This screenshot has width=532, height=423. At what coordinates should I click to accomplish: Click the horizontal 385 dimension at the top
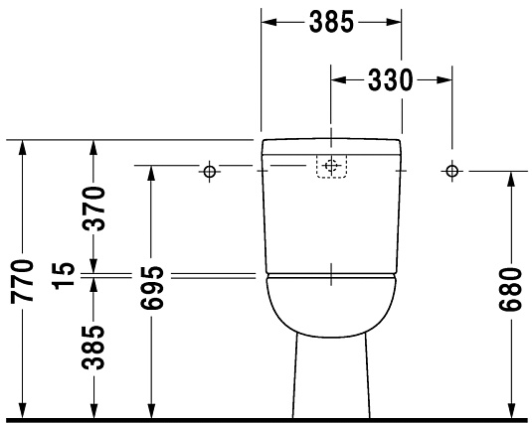click(x=331, y=22)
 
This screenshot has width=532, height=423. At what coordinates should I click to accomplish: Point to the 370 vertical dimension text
click(x=92, y=210)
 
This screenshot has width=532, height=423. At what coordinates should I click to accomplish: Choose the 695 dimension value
click(x=151, y=288)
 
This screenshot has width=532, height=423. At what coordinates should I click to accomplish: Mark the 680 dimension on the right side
click(x=511, y=288)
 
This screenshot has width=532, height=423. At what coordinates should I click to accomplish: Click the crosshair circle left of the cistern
click(x=209, y=172)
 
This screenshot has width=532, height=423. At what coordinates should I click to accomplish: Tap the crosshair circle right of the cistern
click(x=452, y=172)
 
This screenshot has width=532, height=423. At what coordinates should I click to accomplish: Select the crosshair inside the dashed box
click(x=331, y=165)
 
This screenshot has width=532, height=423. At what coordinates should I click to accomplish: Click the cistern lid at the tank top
click(x=331, y=148)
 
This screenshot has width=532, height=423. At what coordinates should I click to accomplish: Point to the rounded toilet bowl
click(x=331, y=308)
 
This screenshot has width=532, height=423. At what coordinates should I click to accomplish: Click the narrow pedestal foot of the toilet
click(x=331, y=382)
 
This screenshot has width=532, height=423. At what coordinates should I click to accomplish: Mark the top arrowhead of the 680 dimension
click(x=511, y=178)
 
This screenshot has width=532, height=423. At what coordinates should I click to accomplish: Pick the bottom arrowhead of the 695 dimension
click(x=151, y=409)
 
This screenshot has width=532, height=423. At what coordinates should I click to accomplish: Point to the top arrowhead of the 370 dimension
click(x=92, y=146)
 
